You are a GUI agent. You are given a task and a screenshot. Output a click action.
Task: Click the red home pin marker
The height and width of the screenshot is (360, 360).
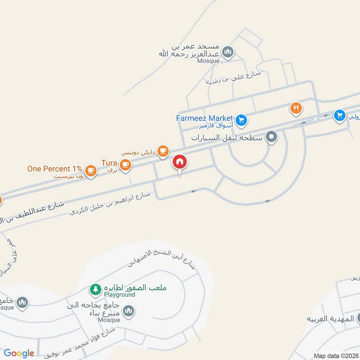point(180,162)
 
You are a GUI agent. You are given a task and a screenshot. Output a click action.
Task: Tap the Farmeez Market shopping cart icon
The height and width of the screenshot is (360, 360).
point(242,120)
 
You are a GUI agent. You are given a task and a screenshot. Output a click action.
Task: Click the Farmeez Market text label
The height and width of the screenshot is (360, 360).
point(204,118)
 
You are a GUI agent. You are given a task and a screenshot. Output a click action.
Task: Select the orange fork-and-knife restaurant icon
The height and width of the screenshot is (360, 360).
point(296,108)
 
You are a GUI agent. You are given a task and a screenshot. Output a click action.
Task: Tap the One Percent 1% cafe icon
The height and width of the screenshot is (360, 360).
point(91,170)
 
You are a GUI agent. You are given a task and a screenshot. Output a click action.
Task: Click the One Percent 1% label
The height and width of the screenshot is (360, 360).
point(54,169)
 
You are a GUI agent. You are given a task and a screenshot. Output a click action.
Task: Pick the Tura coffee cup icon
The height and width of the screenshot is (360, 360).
point(126,164)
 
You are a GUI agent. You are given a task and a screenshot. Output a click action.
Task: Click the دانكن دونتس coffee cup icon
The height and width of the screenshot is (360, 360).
point(163,150)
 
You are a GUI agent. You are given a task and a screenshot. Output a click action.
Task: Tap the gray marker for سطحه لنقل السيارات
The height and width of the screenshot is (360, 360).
point(271,137)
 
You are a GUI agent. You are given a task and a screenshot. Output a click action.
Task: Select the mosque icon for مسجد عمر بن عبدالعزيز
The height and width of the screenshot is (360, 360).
point(228,52)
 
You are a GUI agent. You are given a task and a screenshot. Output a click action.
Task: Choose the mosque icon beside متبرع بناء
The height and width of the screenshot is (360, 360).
point(129,310)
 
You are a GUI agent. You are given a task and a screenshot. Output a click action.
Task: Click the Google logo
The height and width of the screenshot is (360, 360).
point(19,353)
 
